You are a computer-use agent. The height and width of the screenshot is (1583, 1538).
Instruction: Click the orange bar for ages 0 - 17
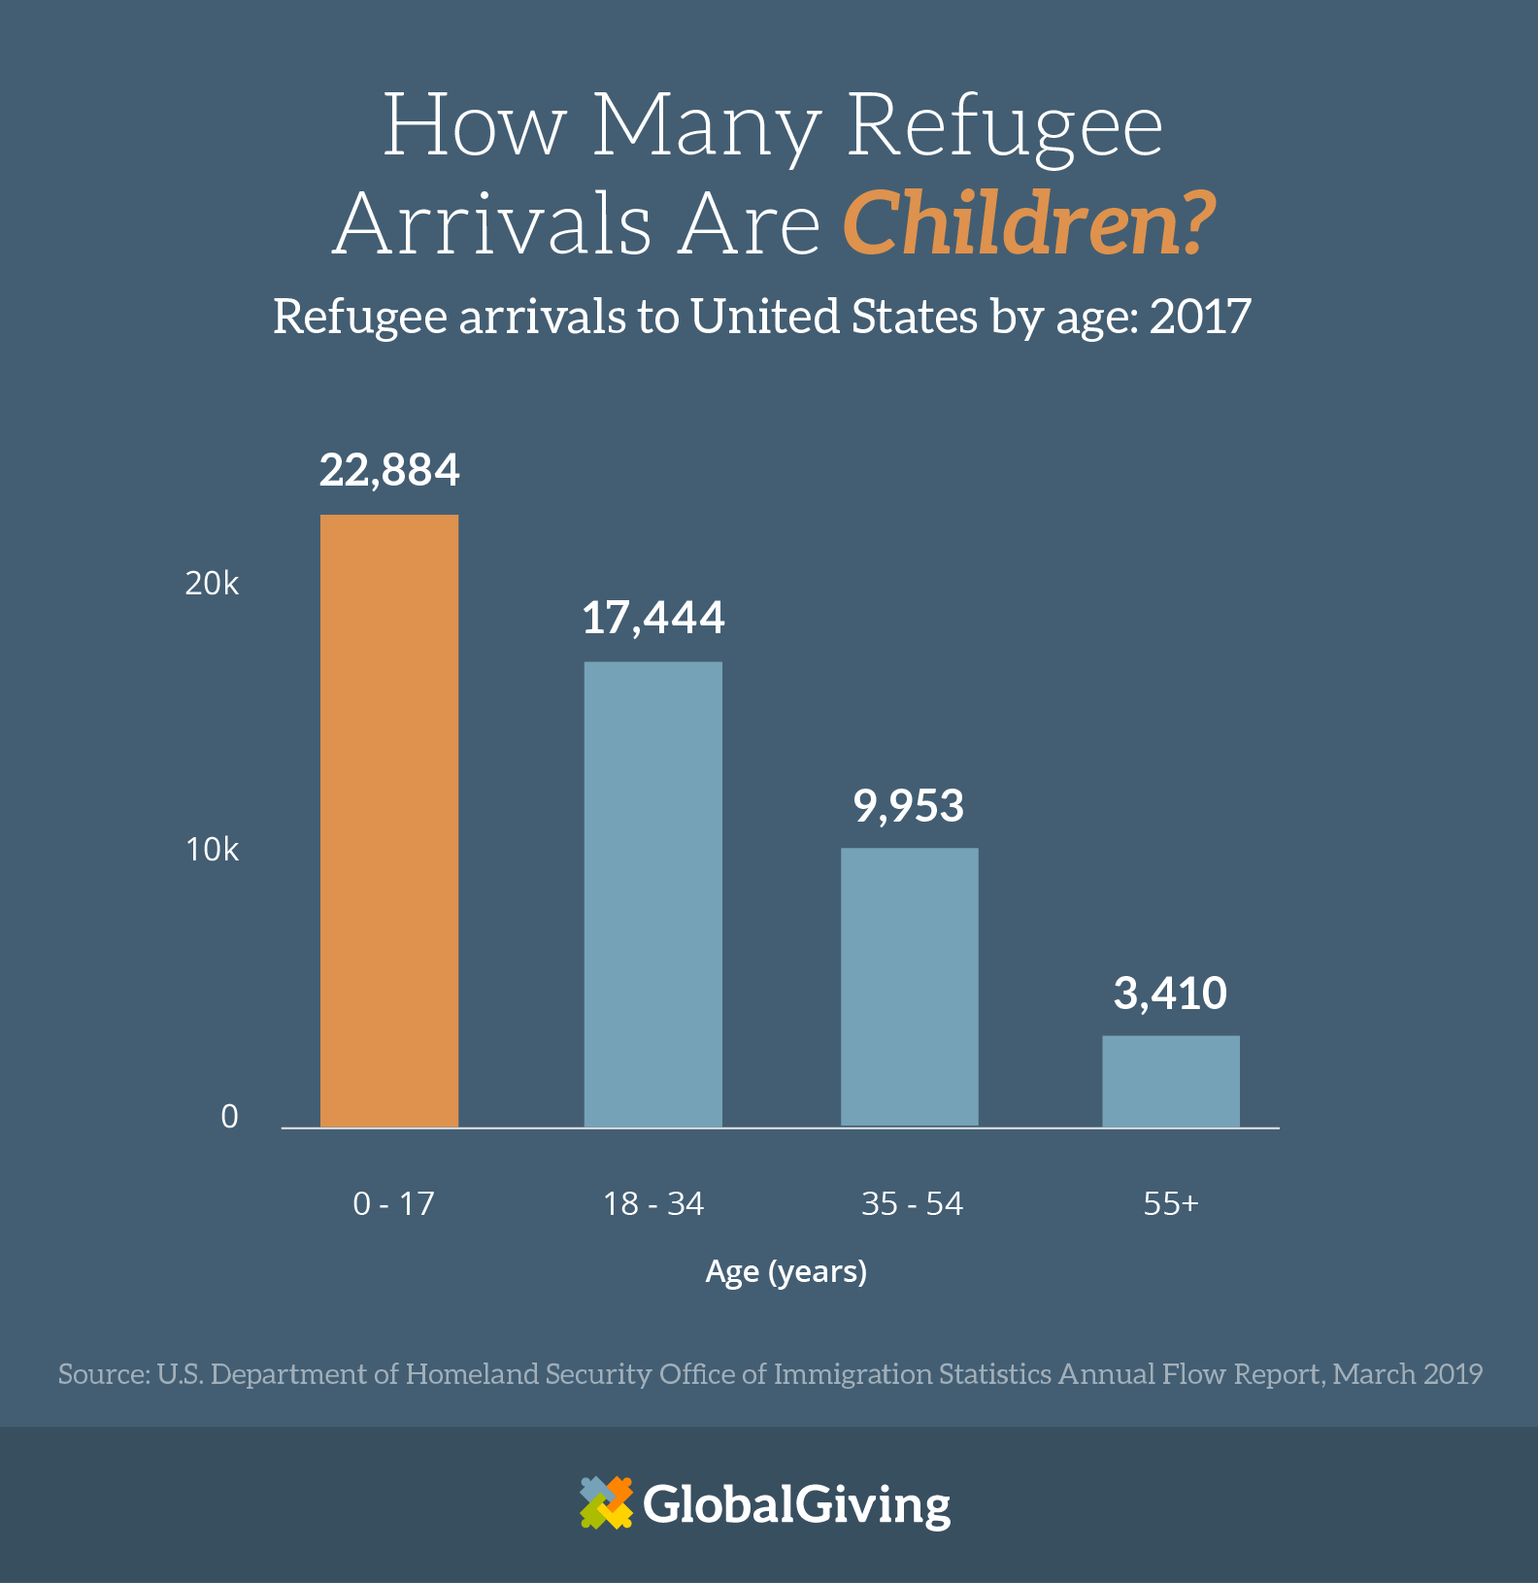(389, 821)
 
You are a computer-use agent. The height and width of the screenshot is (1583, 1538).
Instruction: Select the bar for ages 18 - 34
(652, 894)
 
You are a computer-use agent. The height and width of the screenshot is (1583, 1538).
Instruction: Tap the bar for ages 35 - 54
(909, 987)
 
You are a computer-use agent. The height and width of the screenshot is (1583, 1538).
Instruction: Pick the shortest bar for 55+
(1170, 1081)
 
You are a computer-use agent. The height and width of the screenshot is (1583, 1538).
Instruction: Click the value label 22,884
(389, 470)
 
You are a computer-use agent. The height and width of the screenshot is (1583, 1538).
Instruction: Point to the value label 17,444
(652, 618)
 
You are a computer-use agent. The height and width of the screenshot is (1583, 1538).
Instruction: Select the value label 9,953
(909, 806)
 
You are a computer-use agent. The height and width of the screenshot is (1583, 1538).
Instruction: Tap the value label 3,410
(1170, 994)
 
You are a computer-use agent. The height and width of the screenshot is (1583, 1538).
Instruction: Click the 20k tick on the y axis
(212, 584)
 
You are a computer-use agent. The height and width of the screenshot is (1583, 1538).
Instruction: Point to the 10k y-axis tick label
(212, 850)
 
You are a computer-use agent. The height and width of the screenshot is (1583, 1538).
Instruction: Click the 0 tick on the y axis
(229, 1117)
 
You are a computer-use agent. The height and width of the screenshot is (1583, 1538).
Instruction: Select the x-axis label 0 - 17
(393, 1204)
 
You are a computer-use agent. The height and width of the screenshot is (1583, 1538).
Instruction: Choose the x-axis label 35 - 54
(912, 1204)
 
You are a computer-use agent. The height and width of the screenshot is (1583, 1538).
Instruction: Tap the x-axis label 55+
(1170, 1204)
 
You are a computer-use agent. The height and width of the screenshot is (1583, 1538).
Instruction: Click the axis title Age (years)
(786, 1271)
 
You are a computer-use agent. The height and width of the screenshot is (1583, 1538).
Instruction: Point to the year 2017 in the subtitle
(1200, 317)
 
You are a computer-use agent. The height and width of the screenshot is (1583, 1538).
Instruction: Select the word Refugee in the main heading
(1004, 126)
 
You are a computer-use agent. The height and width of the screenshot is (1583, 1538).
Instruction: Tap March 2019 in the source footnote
(1407, 1374)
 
